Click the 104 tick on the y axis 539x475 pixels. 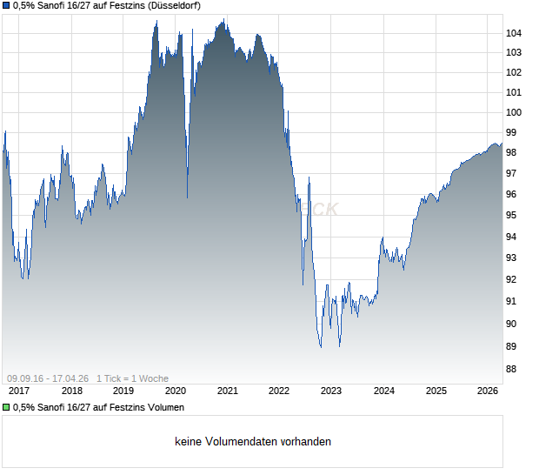pos(514,33)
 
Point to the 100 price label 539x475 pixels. pos(514,112)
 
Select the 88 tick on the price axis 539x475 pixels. pos(511,369)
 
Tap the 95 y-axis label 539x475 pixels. pos(511,215)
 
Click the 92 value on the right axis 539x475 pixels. pos(511,279)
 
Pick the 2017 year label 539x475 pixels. pos(18,391)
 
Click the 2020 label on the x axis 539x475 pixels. pos(175,391)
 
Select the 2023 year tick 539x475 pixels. pos(331,391)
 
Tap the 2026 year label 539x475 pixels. pos(488,391)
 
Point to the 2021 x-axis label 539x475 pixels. pos(227,391)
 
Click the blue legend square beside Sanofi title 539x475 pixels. pos(6,6)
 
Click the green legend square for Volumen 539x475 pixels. pos(6,407)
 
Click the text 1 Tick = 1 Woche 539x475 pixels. pos(132,378)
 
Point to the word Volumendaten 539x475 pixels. pos(240,442)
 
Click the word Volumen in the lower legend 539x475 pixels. pos(164,407)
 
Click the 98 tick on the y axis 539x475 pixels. pos(511,151)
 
